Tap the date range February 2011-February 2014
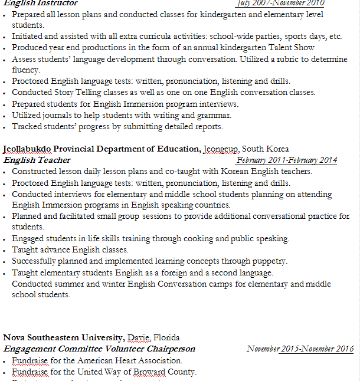tap(286, 160)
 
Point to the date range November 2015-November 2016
tap(300, 349)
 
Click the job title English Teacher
tap(37, 160)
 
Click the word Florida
tap(167, 337)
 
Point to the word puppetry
tap(269, 261)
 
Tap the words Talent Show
tap(287, 47)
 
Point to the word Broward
tap(150, 372)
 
